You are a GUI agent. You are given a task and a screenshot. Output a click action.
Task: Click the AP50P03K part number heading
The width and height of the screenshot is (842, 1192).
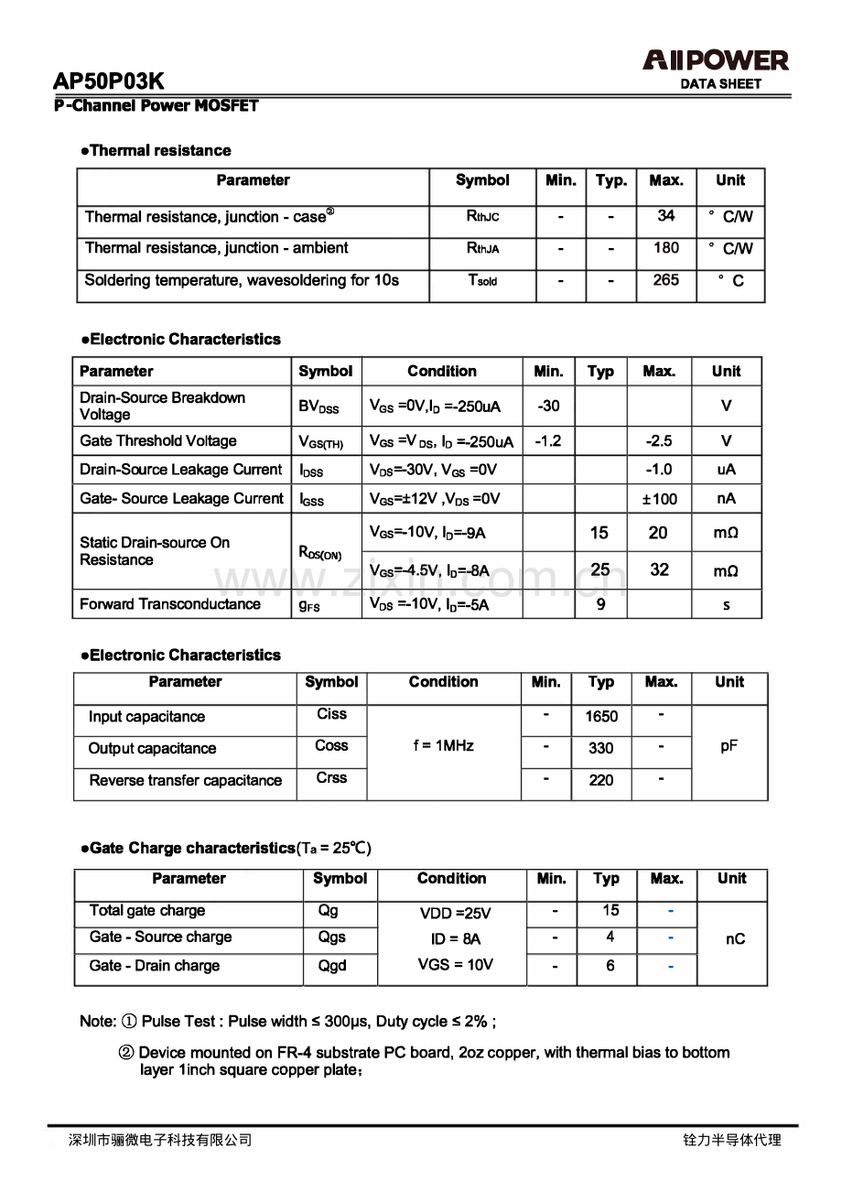click(109, 81)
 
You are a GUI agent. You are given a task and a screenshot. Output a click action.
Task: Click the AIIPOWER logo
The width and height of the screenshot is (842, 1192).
click(715, 61)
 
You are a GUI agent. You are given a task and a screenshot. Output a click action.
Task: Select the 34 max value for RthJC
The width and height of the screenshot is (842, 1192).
click(666, 216)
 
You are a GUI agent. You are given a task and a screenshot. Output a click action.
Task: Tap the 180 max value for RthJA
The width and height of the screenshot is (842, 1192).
click(666, 248)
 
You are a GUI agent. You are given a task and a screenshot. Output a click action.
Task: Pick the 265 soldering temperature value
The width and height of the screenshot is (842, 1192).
click(666, 280)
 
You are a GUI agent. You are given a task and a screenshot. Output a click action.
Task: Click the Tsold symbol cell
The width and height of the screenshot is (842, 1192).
click(482, 281)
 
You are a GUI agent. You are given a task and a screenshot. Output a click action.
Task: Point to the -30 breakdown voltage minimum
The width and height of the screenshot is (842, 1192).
click(549, 406)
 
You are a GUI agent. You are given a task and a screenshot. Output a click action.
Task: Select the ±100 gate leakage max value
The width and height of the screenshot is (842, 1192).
click(659, 499)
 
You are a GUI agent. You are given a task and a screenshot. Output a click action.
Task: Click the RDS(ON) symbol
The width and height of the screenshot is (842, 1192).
click(320, 552)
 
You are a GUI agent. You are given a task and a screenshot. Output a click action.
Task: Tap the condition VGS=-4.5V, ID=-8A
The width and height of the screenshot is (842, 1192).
click(428, 571)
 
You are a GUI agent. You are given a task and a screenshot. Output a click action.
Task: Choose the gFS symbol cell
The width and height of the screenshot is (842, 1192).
click(309, 605)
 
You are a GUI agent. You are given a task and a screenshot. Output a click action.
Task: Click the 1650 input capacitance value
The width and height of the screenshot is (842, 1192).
click(601, 717)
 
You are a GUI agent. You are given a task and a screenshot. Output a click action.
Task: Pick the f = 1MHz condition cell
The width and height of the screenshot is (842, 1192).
click(444, 746)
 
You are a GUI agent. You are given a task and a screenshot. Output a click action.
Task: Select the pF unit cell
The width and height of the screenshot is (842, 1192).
click(729, 746)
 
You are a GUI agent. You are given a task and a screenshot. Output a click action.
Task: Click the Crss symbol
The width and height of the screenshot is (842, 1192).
click(331, 777)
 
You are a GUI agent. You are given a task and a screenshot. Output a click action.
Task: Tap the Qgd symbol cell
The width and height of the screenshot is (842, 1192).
click(332, 966)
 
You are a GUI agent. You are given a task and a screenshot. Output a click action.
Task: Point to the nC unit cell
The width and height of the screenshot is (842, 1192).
click(735, 939)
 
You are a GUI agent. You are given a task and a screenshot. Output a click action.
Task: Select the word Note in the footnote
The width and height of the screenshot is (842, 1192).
click(97, 1022)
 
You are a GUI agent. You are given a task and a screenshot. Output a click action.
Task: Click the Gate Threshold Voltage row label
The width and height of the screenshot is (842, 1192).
click(158, 440)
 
